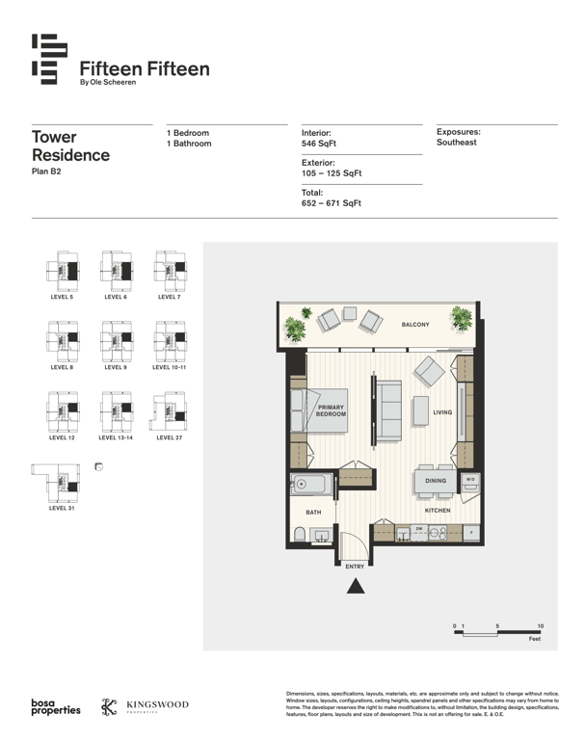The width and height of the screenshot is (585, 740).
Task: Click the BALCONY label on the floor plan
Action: [415, 325]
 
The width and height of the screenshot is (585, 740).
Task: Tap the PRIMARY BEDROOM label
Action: [331, 410]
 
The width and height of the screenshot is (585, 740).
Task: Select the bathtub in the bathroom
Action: [311, 485]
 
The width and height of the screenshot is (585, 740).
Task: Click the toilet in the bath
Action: [300, 535]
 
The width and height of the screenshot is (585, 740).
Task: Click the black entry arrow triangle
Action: [356, 586]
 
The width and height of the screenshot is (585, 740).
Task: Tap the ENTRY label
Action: [355, 567]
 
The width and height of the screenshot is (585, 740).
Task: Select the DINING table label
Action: [436, 481]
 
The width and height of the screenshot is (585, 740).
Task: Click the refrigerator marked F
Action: [471, 533]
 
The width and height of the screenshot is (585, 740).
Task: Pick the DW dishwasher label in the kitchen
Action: [419, 529]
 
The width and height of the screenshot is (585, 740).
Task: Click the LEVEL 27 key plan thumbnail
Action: [169, 411]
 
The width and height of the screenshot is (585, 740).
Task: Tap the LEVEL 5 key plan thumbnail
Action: [63, 272]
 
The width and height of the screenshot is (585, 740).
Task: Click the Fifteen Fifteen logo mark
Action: [49, 59]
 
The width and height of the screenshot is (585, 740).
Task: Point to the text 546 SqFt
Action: [319, 144]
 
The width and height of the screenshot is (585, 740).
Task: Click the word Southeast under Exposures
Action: [457, 143]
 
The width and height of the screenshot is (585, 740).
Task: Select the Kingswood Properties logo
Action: [145, 706]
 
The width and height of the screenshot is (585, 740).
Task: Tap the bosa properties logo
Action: [56, 706]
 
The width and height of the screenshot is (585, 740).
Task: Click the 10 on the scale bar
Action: [541, 625]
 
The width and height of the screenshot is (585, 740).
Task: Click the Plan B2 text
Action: [46, 172]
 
